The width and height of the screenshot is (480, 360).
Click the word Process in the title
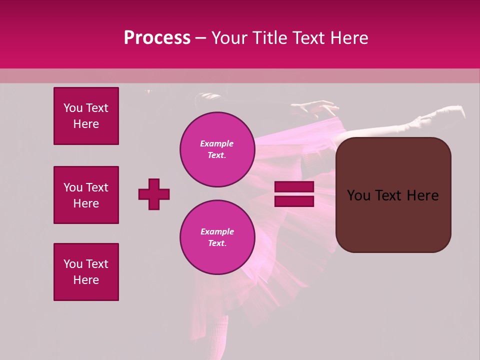[x=157, y=38]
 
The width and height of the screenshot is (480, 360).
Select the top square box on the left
[x=86, y=116]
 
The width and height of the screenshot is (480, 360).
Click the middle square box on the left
[x=86, y=195]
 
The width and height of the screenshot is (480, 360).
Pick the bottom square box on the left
[x=86, y=272]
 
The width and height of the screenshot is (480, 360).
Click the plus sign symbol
[x=154, y=194]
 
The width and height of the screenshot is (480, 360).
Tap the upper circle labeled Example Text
[x=217, y=149]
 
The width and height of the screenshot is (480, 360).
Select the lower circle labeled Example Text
[x=217, y=237]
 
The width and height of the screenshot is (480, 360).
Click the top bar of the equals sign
[x=294, y=187]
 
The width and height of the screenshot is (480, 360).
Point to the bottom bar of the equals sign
[x=294, y=201]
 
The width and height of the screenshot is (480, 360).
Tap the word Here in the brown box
[x=423, y=195]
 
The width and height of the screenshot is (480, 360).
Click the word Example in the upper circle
[x=217, y=143]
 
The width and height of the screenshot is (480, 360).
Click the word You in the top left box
[x=72, y=108]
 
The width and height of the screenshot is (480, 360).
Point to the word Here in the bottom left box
[x=86, y=280]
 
